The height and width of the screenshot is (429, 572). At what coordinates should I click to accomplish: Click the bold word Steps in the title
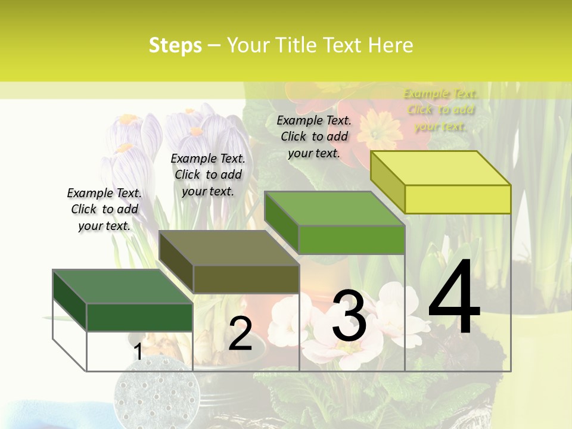[175, 45]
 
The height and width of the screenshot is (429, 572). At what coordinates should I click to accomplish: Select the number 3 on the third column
[349, 316]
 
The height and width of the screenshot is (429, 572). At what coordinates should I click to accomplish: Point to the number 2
[240, 334]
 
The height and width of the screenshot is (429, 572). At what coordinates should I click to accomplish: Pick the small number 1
[138, 352]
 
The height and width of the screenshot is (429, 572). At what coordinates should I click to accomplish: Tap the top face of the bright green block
[335, 209]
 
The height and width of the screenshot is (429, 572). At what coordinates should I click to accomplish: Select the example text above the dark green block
[104, 209]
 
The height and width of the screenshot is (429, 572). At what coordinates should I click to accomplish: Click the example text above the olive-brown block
[208, 175]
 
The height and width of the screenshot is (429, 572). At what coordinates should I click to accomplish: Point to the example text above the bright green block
[314, 136]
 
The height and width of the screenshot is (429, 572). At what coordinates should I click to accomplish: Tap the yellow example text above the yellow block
[440, 110]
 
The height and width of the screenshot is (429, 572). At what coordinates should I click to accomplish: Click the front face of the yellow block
[458, 199]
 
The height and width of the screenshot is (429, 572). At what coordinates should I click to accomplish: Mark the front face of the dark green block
[139, 317]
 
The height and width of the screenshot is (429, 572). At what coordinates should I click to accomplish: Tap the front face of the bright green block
[352, 240]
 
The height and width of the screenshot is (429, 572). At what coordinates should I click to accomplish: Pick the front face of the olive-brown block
[245, 279]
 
